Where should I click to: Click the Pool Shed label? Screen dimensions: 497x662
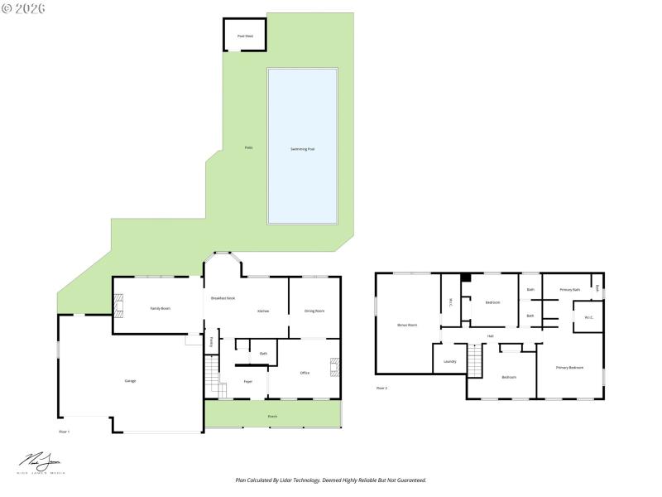(244, 36)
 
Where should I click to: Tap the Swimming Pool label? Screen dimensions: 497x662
(302, 149)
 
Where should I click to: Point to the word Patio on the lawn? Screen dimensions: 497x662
(248, 147)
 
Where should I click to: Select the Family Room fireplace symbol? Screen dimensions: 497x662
(118, 308)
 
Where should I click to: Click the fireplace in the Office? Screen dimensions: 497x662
(334, 367)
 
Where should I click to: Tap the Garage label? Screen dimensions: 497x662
(130, 380)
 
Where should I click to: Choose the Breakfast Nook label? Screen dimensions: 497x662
(223, 297)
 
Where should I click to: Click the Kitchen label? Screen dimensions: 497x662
(263, 311)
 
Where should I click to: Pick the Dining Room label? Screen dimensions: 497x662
(314, 311)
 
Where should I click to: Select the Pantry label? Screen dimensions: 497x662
(211, 341)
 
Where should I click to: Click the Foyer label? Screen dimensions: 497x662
(247, 381)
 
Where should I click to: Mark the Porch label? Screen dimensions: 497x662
(272, 416)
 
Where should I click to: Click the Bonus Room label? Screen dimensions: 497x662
(407, 325)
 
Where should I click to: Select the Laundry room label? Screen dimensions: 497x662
(450, 361)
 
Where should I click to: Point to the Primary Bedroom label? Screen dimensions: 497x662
(569, 367)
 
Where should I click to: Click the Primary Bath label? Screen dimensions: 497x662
(569, 290)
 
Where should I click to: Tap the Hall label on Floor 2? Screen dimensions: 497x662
(490, 335)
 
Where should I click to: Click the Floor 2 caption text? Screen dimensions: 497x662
(381, 388)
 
